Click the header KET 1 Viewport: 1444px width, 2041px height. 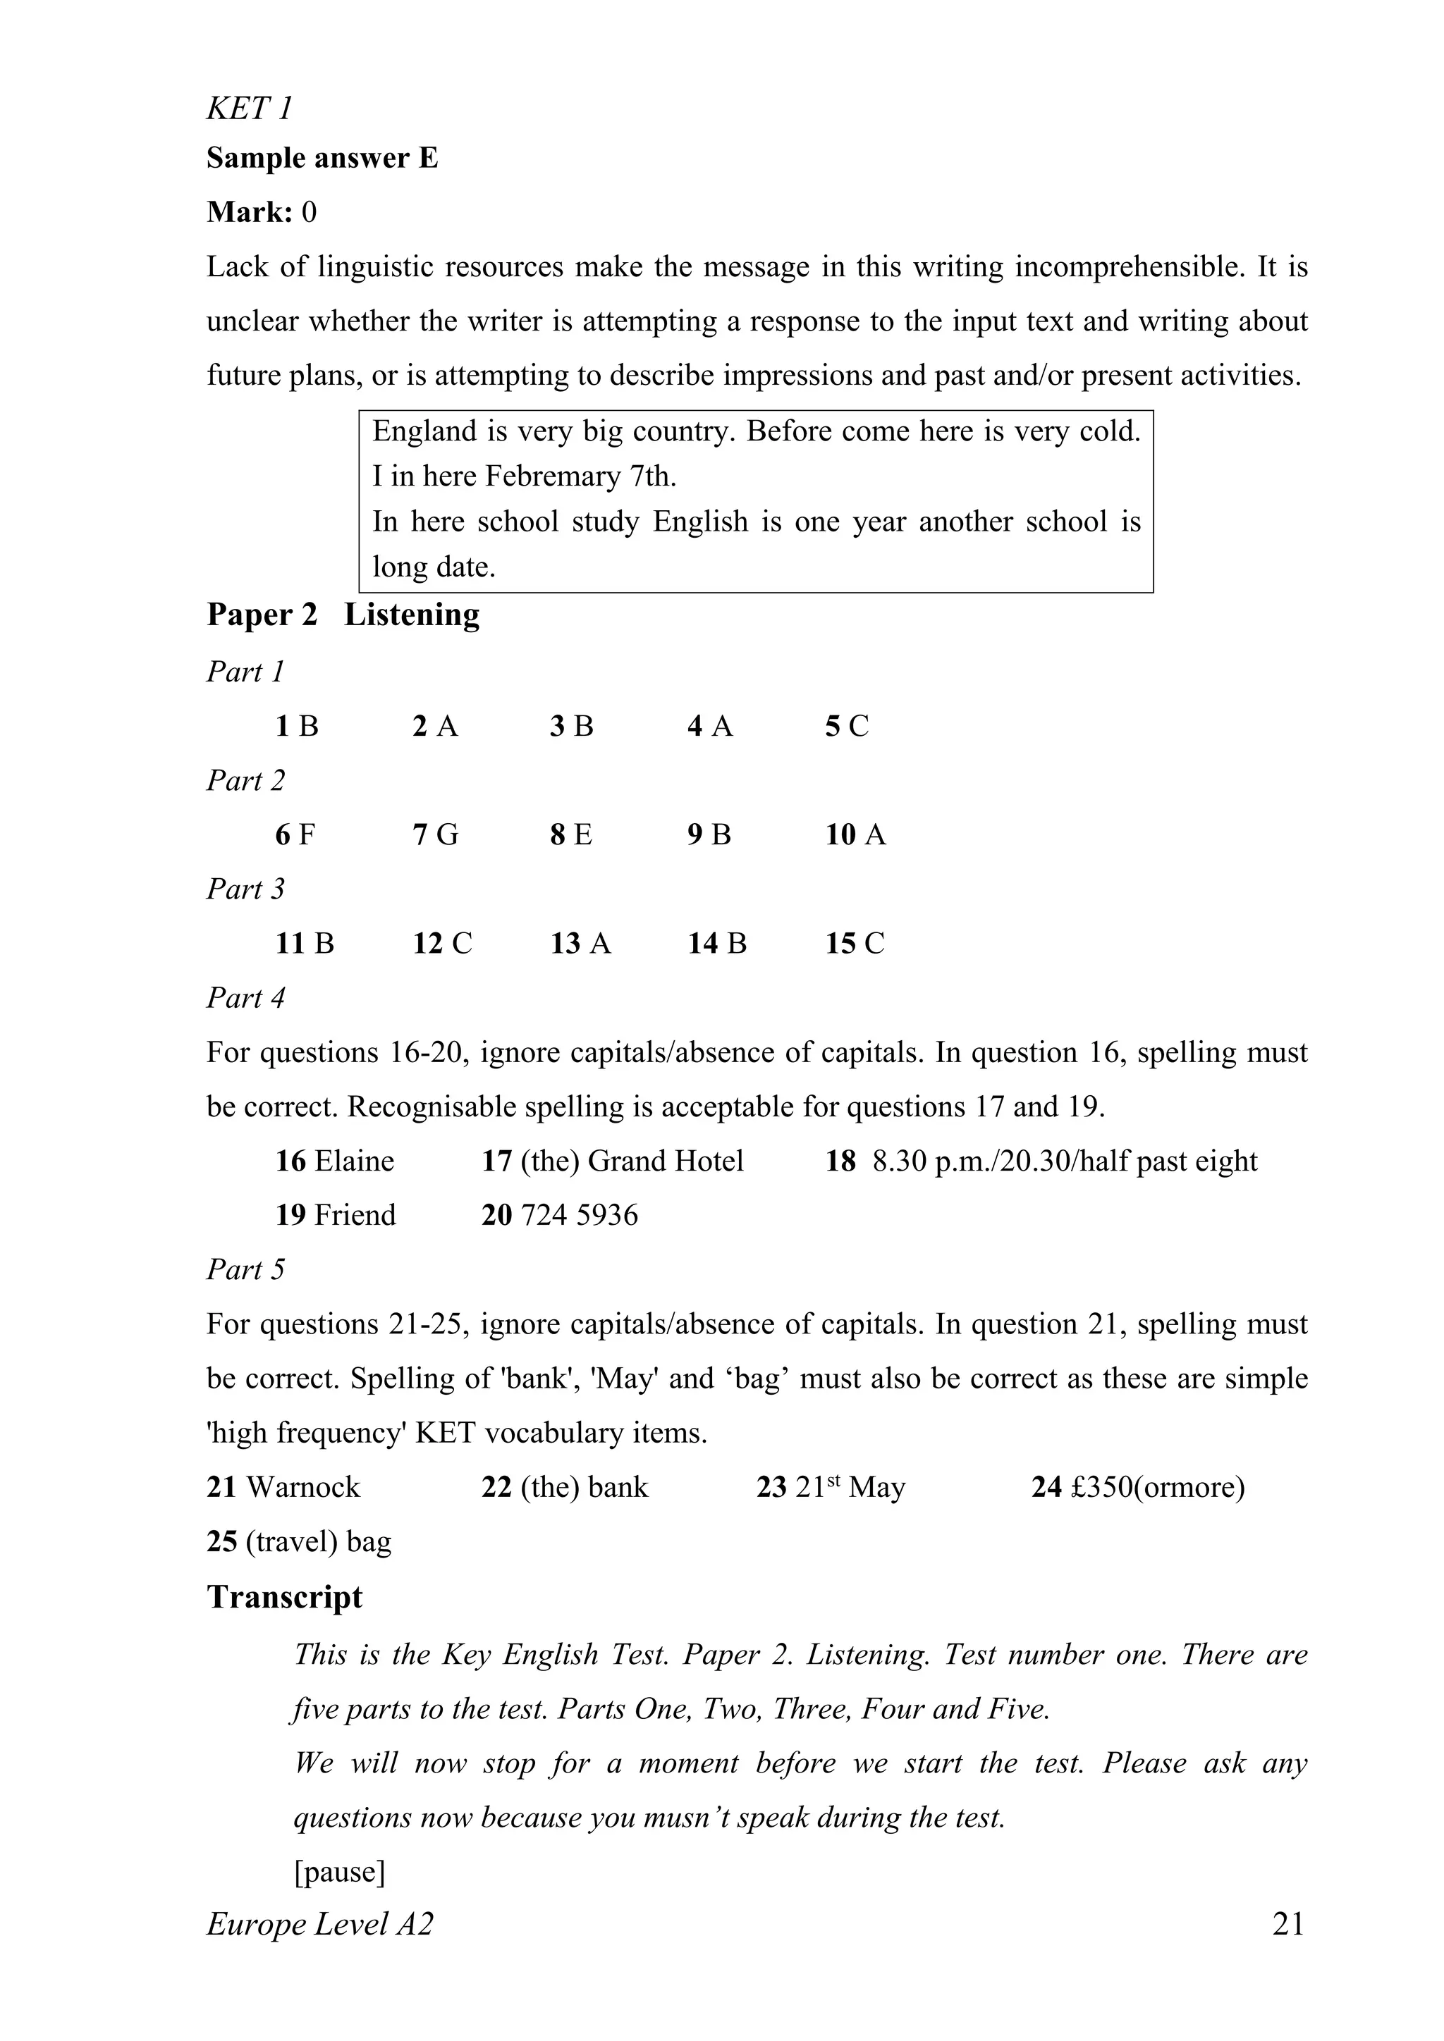249,109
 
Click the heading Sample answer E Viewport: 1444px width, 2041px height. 322,159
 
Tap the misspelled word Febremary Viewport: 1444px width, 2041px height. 552,476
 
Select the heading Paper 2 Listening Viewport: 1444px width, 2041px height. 343,615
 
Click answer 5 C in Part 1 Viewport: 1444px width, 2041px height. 847,727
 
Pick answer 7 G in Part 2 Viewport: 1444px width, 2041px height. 435,834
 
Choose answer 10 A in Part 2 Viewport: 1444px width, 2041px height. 855,834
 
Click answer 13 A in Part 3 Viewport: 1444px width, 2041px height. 580,943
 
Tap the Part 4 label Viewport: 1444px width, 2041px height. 245,997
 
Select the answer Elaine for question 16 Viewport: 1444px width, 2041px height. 354,1161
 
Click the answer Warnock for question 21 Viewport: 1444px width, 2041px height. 302,1487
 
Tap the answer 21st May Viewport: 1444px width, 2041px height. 849,1487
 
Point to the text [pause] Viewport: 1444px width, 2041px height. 340,1871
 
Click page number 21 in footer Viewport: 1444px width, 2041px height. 1288,1924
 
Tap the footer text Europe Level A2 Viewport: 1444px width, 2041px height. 320,1924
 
